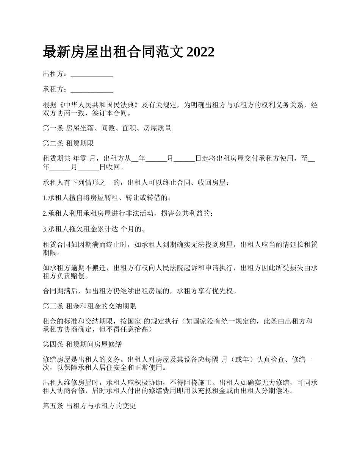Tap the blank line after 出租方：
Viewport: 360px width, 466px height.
92,75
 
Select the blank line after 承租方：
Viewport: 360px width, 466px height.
92,90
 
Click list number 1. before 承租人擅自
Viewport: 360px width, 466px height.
45,198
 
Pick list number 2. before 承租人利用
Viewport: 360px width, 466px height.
45,214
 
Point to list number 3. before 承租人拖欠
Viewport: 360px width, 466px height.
45,229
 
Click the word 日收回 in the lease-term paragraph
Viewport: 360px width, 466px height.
111,167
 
